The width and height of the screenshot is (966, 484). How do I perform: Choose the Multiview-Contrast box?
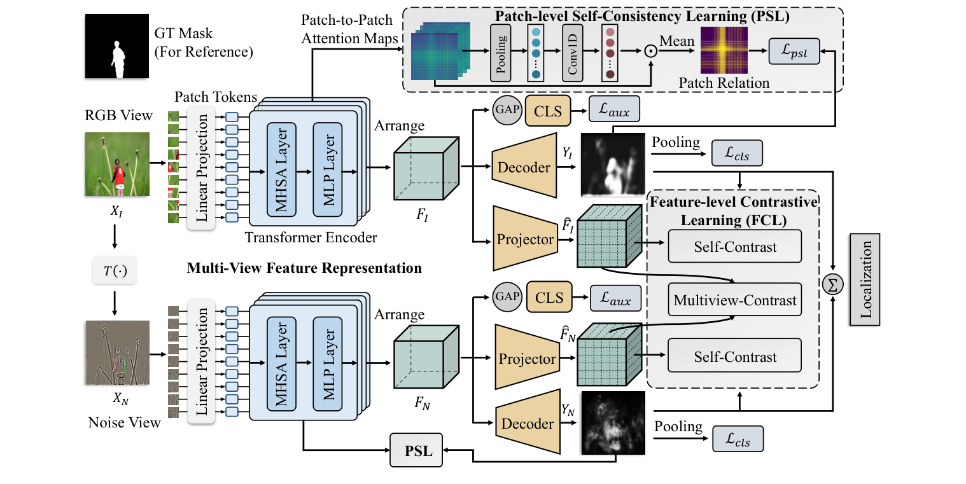[x=735, y=300]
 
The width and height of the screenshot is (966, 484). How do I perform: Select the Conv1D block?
[x=573, y=53]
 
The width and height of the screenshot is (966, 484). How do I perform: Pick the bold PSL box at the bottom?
[x=415, y=452]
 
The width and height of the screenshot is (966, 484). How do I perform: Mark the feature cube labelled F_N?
[x=426, y=358]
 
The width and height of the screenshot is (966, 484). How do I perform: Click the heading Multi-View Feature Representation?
[x=304, y=268]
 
